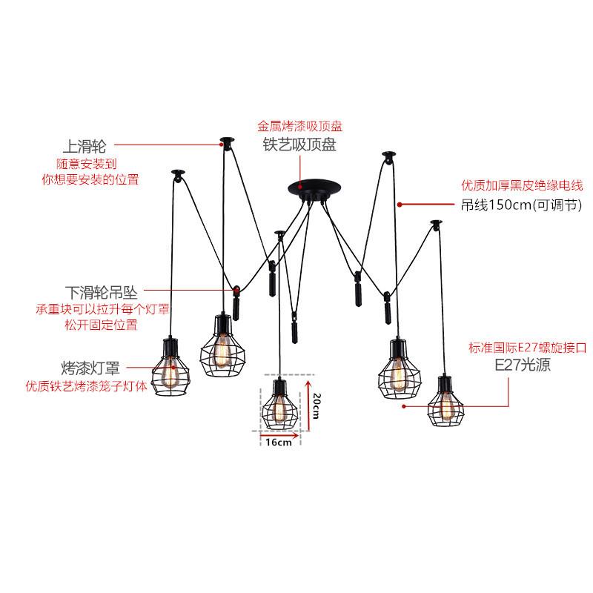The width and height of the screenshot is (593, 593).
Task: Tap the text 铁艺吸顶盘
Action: (299, 145)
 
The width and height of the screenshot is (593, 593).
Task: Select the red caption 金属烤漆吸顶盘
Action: (299, 127)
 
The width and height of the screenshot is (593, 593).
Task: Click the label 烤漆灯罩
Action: (90, 368)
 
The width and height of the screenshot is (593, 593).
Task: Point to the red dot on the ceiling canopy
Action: (300, 182)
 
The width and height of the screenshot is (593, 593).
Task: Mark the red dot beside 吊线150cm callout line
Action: (400, 203)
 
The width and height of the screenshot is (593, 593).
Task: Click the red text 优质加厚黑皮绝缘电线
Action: (523, 185)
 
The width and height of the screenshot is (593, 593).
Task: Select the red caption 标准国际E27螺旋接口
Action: (527, 346)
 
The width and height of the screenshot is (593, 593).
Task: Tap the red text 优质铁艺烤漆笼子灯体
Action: (86, 386)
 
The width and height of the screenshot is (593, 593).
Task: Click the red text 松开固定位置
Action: (101, 325)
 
